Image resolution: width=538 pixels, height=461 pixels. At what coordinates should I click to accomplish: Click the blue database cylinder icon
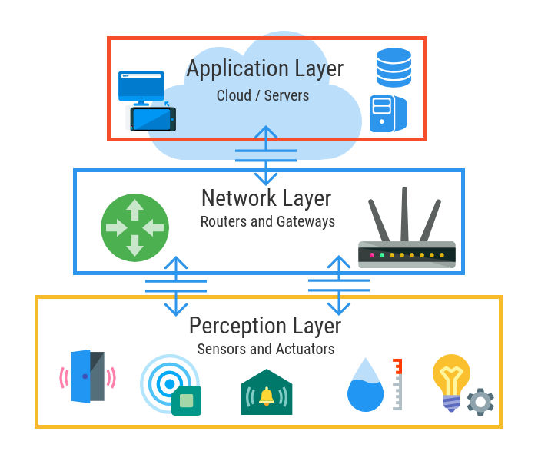pyautogui.click(x=394, y=68)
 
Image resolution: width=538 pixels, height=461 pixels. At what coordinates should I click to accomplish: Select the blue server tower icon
pyautogui.click(x=388, y=114)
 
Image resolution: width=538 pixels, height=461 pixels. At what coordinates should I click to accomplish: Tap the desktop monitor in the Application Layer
pyautogui.click(x=141, y=88)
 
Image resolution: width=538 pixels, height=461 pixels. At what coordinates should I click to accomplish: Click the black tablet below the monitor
pyautogui.click(x=153, y=119)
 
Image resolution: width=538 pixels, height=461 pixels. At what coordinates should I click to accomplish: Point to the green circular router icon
pyautogui.click(x=134, y=227)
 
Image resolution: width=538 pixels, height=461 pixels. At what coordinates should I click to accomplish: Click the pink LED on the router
pyautogui.click(x=372, y=255)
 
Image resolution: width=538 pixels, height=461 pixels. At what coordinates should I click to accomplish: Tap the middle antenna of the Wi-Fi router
pyautogui.click(x=405, y=214)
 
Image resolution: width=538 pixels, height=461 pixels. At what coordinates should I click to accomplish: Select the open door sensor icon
pyautogui.click(x=88, y=376)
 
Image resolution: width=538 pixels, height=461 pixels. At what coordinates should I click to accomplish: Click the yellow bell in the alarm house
pyautogui.click(x=267, y=396)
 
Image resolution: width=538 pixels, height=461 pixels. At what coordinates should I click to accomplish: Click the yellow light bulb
pyautogui.click(x=451, y=382)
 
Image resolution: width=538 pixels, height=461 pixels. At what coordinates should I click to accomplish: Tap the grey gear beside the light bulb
pyautogui.click(x=480, y=402)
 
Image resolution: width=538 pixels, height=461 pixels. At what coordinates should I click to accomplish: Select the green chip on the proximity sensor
pyautogui.click(x=186, y=400)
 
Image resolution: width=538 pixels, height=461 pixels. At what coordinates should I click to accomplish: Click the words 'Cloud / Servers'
pyautogui.click(x=263, y=95)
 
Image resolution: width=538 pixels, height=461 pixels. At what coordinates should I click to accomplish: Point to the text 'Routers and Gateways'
pyautogui.click(x=267, y=221)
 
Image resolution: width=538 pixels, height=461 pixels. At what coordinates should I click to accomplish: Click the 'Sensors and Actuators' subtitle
pyautogui.click(x=266, y=349)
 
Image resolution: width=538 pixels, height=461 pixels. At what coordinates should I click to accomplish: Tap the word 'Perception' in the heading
pyautogui.click(x=237, y=326)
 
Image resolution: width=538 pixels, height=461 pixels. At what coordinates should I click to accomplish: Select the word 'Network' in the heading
pyautogui.click(x=239, y=198)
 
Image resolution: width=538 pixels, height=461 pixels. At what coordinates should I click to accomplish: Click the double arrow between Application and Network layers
pyautogui.click(x=266, y=155)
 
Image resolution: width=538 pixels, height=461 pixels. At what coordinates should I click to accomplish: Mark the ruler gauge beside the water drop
pyautogui.click(x=397, y=384)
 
